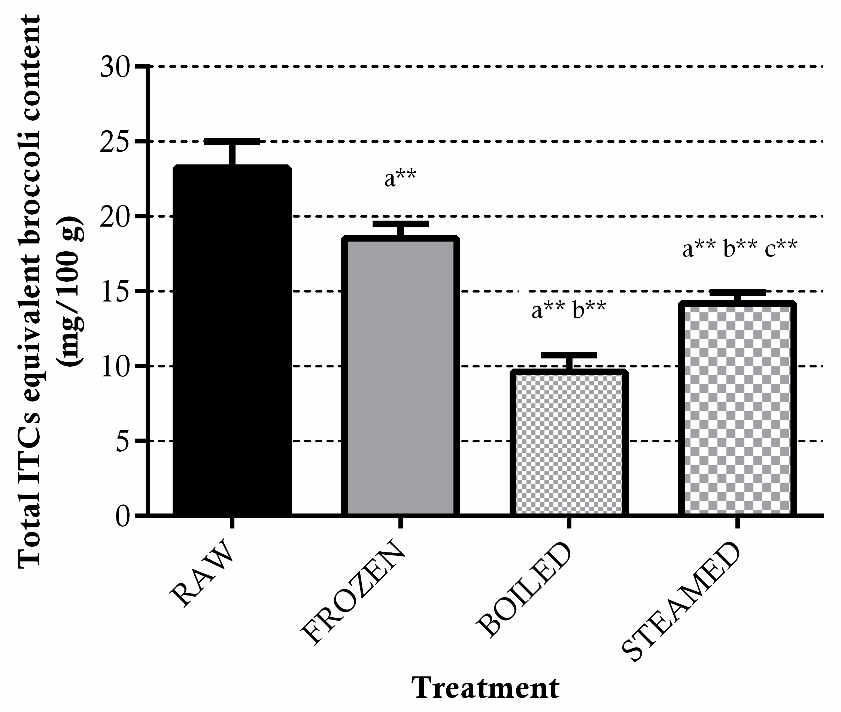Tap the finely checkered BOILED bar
pyautogui.click(x=569, y=444)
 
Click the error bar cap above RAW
pyautogui.click(x=232, y=141)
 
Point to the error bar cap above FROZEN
pyautogui.click(x=400, y=224)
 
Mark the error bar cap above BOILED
pyautogui.click(x=569, y=355)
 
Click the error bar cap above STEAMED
pyautogui.click(x=737, y=293)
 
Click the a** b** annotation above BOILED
pyautogui.click(x=568, y=310)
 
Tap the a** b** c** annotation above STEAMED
pyautogui.click(x=739, y=248)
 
